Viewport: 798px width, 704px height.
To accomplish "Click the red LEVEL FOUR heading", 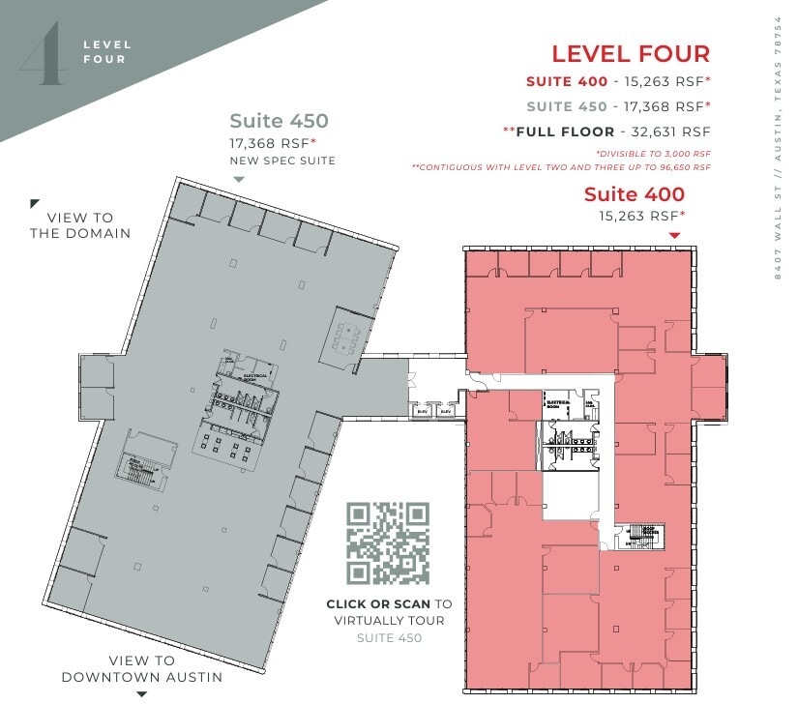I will click(x=631, y=54).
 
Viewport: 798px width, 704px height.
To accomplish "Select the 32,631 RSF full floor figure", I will click(x=669, y=131).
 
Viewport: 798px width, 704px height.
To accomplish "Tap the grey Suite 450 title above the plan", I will click(x=279, y=121).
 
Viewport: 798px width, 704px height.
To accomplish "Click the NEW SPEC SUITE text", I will click(x=282, y=161).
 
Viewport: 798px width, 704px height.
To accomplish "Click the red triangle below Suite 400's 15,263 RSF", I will click(x=675, y=235).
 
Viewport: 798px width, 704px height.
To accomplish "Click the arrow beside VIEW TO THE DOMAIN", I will click(x=35, y=203).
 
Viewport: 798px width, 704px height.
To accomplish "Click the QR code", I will click(x=388, y=543).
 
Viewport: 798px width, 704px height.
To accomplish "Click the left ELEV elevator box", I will click(x=422, y=411).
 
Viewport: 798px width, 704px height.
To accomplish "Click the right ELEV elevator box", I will click(x=446, y=411).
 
